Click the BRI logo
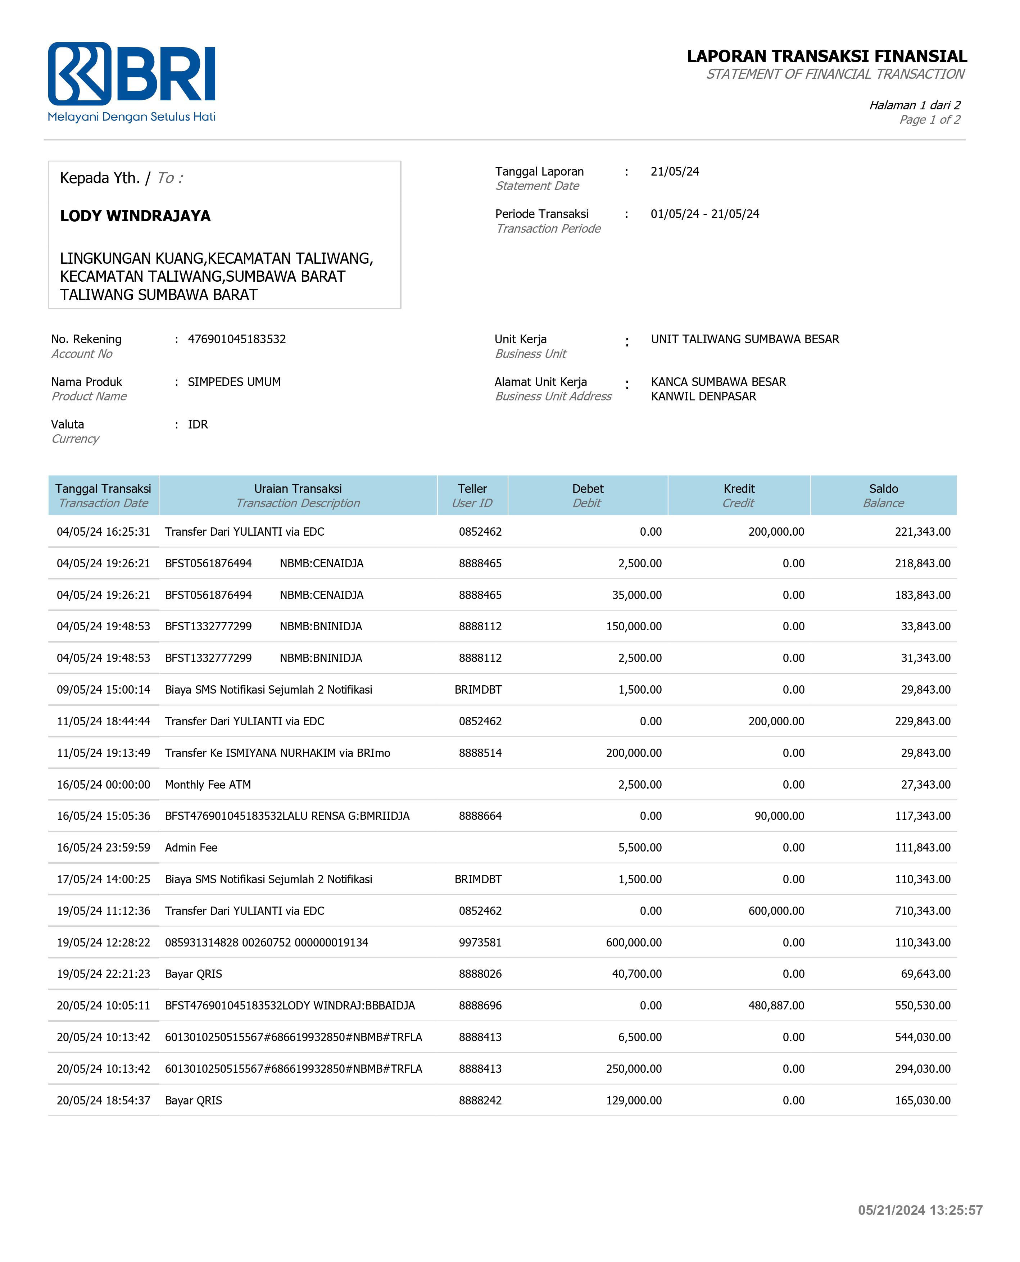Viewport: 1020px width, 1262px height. tap(132, 81)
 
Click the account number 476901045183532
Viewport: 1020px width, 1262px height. tap(237, 339)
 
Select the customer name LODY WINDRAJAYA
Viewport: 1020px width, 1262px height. tap(135, 215)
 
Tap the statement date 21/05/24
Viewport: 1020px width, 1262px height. tap(675, 172)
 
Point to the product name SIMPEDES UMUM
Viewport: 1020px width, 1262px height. tap(235, 382)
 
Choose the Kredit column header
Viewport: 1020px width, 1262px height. tap(739, 495)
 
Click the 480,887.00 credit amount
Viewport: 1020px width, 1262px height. tap(776, 1005)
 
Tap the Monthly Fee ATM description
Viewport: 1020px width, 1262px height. tap(208, 784)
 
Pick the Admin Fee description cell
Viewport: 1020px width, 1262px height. tap(191, 847)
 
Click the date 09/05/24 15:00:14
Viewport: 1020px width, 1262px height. tap(103, 689)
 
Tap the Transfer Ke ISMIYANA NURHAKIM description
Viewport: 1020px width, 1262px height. tap(277, 753)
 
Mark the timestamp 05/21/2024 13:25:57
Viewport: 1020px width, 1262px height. tap(920, 1210)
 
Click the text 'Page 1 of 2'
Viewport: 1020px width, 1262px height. tap(930, 120)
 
